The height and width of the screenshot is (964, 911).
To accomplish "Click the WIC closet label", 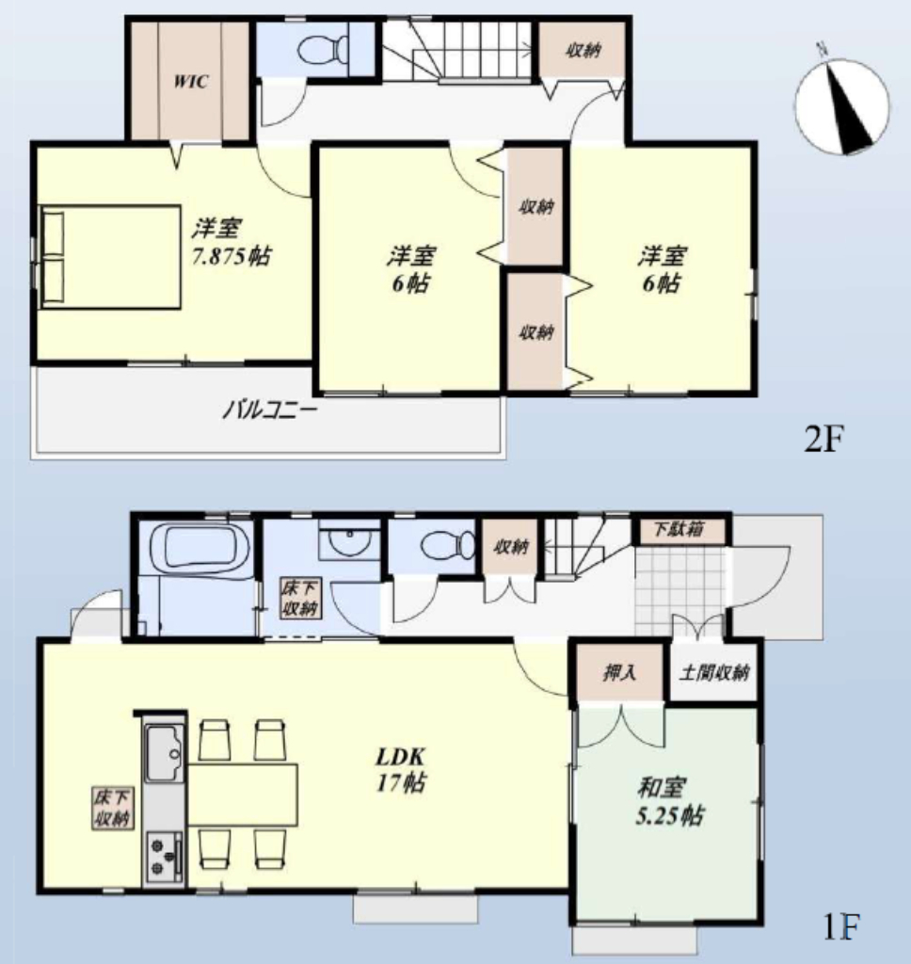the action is tap(190, 82).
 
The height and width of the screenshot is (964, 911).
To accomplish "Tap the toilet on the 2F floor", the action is tap(324, 50).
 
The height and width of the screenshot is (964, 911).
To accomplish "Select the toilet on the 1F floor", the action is tap(449, 545).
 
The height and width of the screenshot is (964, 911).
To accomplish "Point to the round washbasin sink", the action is tap(349, 541).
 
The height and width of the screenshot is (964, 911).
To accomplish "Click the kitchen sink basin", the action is tap(163, 753).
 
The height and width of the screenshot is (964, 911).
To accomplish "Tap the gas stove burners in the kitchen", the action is tap(164, 856).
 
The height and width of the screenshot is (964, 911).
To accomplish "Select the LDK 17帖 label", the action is tap(400, 769).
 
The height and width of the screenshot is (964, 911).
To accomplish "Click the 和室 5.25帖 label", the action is tap(668, 802).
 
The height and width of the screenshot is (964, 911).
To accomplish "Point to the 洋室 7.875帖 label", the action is tap(230, 242).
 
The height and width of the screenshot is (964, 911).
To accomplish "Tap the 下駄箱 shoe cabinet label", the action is tap(678, 529).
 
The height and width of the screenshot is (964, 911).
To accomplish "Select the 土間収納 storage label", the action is tap(713, 672).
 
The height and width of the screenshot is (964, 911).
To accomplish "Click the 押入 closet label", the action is tap(619, 672).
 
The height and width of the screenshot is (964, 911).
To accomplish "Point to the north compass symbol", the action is tap(841, 105).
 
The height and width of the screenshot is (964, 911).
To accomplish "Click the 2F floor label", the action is tap(824, 439).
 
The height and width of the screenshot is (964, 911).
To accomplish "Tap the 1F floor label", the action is tap(841, 926).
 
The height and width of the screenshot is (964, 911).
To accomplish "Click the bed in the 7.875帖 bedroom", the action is tap(109, 257).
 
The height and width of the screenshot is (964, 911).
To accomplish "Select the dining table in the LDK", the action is tap(242, 795).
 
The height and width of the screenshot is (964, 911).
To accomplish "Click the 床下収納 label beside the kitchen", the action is tap(113, 808).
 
